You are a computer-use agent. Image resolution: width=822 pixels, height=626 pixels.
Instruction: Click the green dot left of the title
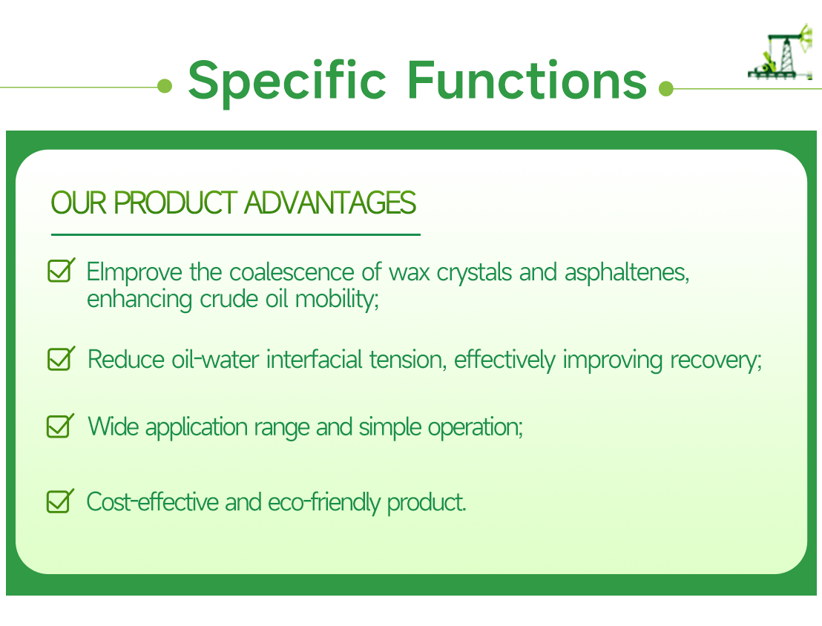coord(165,88)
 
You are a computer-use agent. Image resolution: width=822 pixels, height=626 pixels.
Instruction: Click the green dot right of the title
coord(665,89)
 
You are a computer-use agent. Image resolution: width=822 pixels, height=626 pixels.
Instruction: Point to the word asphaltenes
coord(627,272)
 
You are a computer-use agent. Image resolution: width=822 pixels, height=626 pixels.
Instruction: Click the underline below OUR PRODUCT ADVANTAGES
coord(235,234)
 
